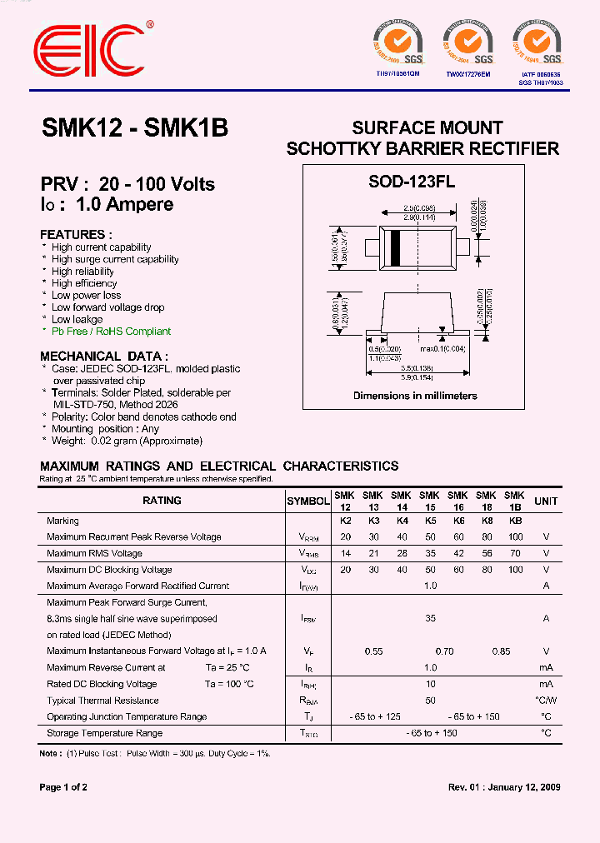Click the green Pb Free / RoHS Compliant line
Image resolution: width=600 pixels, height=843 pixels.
click(x=111, y=332)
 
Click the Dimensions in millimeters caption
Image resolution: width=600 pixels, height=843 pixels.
click(x=415, y=396)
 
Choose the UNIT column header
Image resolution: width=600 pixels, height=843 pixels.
click(x=546, y=501)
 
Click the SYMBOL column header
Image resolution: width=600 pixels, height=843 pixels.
click(x=308, y=501)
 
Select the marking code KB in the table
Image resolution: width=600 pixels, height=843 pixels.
click(x=514, y=521)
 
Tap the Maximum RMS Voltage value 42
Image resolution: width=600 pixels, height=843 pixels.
click(x=457, y=554)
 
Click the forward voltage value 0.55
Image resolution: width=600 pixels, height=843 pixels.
click(x=373, y=651)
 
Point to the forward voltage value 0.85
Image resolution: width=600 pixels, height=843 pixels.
click(x=500, y=651)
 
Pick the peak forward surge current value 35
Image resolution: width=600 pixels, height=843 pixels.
click(x=430, y=619)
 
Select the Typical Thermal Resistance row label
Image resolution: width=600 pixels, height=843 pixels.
click(x=102, y=701)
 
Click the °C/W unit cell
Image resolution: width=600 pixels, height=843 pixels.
click(x=546, y=701)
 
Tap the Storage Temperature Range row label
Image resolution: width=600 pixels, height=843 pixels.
click(x=105, y=733)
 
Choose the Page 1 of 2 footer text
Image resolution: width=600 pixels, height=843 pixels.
click(x=63, y=787)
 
